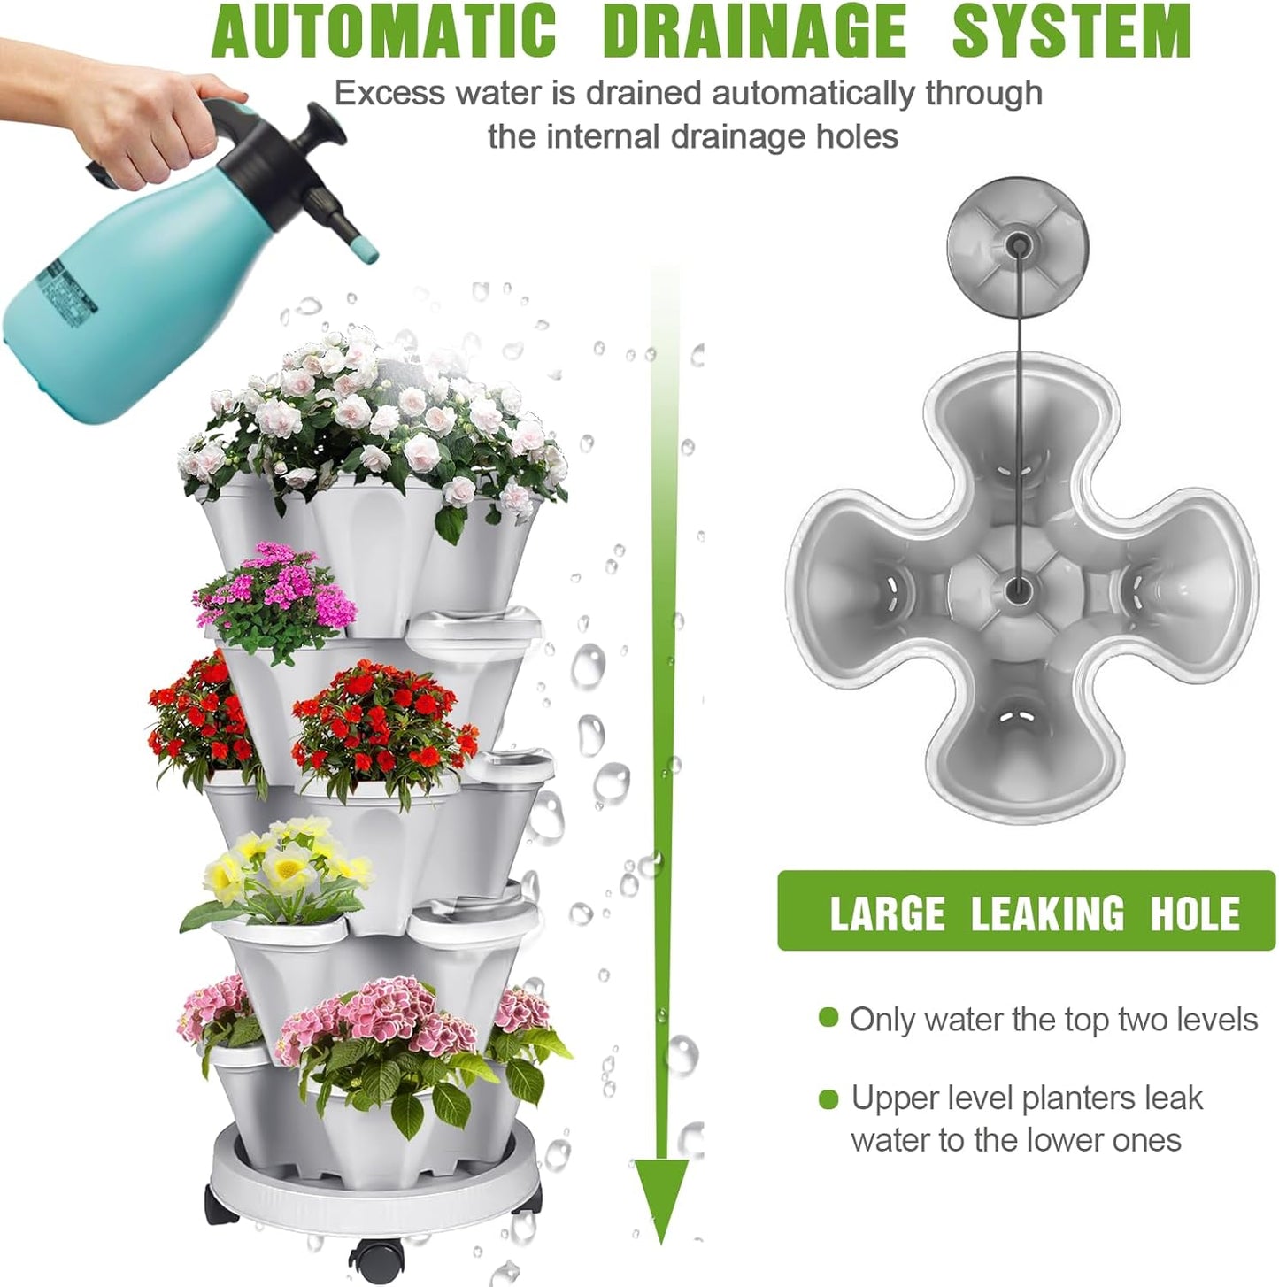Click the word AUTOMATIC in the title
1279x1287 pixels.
coord(384,31)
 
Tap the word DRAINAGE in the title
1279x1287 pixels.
coord(754,31)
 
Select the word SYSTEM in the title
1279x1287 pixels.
coord(1071,31)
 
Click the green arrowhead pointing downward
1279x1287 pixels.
coord(661,1195)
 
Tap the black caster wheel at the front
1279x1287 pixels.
coord(373,1257)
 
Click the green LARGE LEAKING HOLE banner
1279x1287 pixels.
coord(1025,911)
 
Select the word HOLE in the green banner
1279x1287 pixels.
coord(1194,913)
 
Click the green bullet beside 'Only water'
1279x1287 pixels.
coord(828,1017)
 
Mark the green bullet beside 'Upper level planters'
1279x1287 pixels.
coord(828,1098)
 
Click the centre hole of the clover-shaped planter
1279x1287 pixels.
coord(1018,587)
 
